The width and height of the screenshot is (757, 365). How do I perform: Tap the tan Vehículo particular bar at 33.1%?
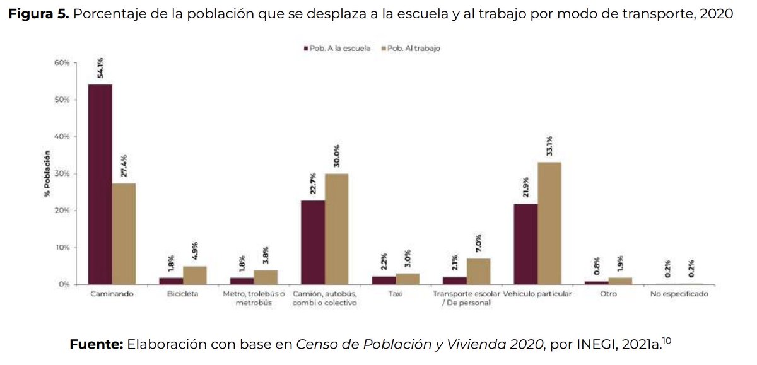(549, 223)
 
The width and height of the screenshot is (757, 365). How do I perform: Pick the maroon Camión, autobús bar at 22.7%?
(313, 242)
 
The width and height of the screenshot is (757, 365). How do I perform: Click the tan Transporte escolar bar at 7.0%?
(478, 271)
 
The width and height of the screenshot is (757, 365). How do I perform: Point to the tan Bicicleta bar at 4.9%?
(194, 275)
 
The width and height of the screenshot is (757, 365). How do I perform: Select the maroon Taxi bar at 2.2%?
(384, 280)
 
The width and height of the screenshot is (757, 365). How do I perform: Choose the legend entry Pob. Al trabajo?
(411, 49)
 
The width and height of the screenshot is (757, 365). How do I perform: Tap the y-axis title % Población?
(47, 173)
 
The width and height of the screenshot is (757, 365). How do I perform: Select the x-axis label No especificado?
(679, 294)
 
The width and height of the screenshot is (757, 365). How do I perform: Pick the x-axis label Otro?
(609, 294)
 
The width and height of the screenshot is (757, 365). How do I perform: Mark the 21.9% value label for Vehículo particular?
(525, 187)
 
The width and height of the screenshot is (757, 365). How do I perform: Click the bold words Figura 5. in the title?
(38, 14)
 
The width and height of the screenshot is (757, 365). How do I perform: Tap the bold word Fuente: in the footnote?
(96, 344)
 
